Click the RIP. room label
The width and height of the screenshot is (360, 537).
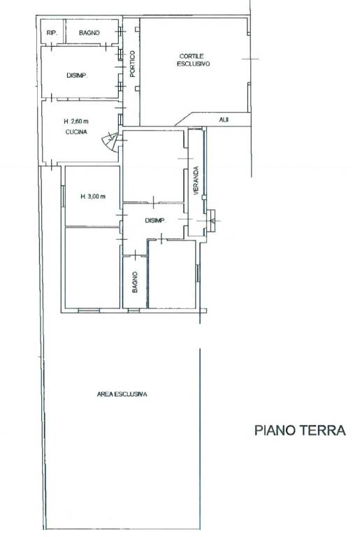coord(52,33)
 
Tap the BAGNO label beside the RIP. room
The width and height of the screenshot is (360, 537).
coord(89,33)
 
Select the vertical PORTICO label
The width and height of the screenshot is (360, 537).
coord(133,64)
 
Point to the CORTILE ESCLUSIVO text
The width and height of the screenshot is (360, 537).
coord(193,60)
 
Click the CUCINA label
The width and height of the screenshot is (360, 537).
coord(76,132)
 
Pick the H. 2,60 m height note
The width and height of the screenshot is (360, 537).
coord(76,121)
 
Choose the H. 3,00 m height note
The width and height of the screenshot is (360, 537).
coord(93,196)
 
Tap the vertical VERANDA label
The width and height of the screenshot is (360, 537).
coord(196,180)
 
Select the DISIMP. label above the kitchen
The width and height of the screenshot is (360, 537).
coord(77,76)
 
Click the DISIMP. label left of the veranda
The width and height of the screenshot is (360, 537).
coord(155,221)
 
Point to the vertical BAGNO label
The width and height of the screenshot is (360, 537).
coord(135,282)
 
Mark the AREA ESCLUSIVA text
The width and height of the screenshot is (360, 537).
coord(122,394)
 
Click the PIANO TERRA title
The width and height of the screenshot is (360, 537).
coord(300,430)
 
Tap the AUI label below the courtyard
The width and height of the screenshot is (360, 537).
coord(224,120)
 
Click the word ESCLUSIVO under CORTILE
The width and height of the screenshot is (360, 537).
coord(193,64)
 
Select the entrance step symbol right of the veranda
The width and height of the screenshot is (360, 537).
coord(212,221)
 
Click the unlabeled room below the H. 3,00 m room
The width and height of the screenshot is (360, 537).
coord(92,268)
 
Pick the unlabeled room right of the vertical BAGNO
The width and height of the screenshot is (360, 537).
coord(172,274)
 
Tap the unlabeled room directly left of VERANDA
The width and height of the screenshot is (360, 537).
coord(153,166)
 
